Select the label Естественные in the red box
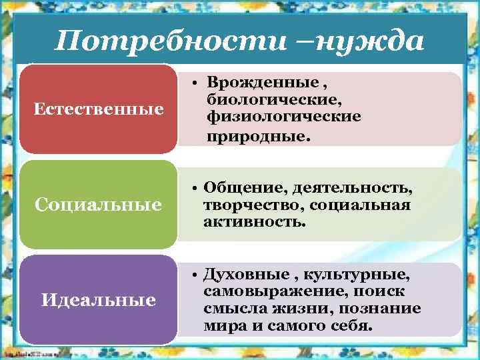(x=99, y=108)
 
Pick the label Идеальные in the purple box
(x=99, y=300)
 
